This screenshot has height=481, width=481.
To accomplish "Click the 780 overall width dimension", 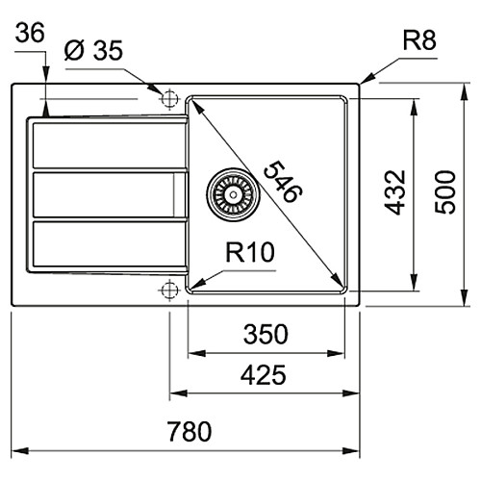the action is pos(190,431).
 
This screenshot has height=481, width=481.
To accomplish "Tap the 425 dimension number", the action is pos(263,375).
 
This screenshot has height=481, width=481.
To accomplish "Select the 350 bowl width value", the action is pos(266,334).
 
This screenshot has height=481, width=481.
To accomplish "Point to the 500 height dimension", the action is pos(445,192).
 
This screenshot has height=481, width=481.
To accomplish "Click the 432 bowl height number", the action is pos(395,192).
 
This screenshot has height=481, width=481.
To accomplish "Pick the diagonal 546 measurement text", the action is pos(283,182).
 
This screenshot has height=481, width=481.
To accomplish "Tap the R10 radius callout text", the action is pos(250,252).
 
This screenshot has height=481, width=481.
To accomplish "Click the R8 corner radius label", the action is pos(419,40).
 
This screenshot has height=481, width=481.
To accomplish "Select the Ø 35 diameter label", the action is pos(93,50).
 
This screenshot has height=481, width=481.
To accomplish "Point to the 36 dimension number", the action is pos(30,33).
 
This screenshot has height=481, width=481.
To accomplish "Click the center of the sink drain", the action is pos(233,194).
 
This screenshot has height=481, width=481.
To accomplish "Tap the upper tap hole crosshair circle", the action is pos(169,98).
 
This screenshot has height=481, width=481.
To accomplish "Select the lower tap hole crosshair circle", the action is pos(169,290).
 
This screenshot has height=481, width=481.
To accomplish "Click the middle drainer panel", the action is pos(109,194).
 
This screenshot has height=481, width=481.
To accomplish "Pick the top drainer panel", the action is pos(109,145).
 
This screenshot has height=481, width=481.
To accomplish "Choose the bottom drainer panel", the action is pos(109,244).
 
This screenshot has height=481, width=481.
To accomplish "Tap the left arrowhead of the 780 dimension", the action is pos(20,451).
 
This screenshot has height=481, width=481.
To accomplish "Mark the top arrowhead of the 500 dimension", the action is pos(464,91).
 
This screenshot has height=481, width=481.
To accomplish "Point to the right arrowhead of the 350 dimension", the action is pos(336,354).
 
